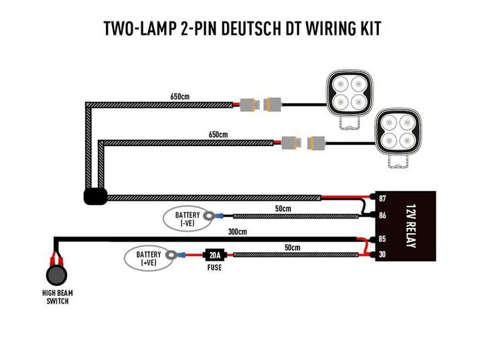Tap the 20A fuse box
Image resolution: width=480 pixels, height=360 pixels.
(214, 255)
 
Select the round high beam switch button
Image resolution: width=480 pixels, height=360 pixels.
(56, 275)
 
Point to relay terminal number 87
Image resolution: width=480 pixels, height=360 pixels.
(382, 198)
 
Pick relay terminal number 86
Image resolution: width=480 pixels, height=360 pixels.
(382, 216)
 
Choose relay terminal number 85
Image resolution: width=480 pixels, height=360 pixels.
(382, 239)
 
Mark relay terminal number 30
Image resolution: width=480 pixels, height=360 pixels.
(382, 254)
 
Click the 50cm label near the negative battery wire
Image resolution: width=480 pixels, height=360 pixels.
(284, 209)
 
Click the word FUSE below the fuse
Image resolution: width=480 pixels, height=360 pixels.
(215, 268)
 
